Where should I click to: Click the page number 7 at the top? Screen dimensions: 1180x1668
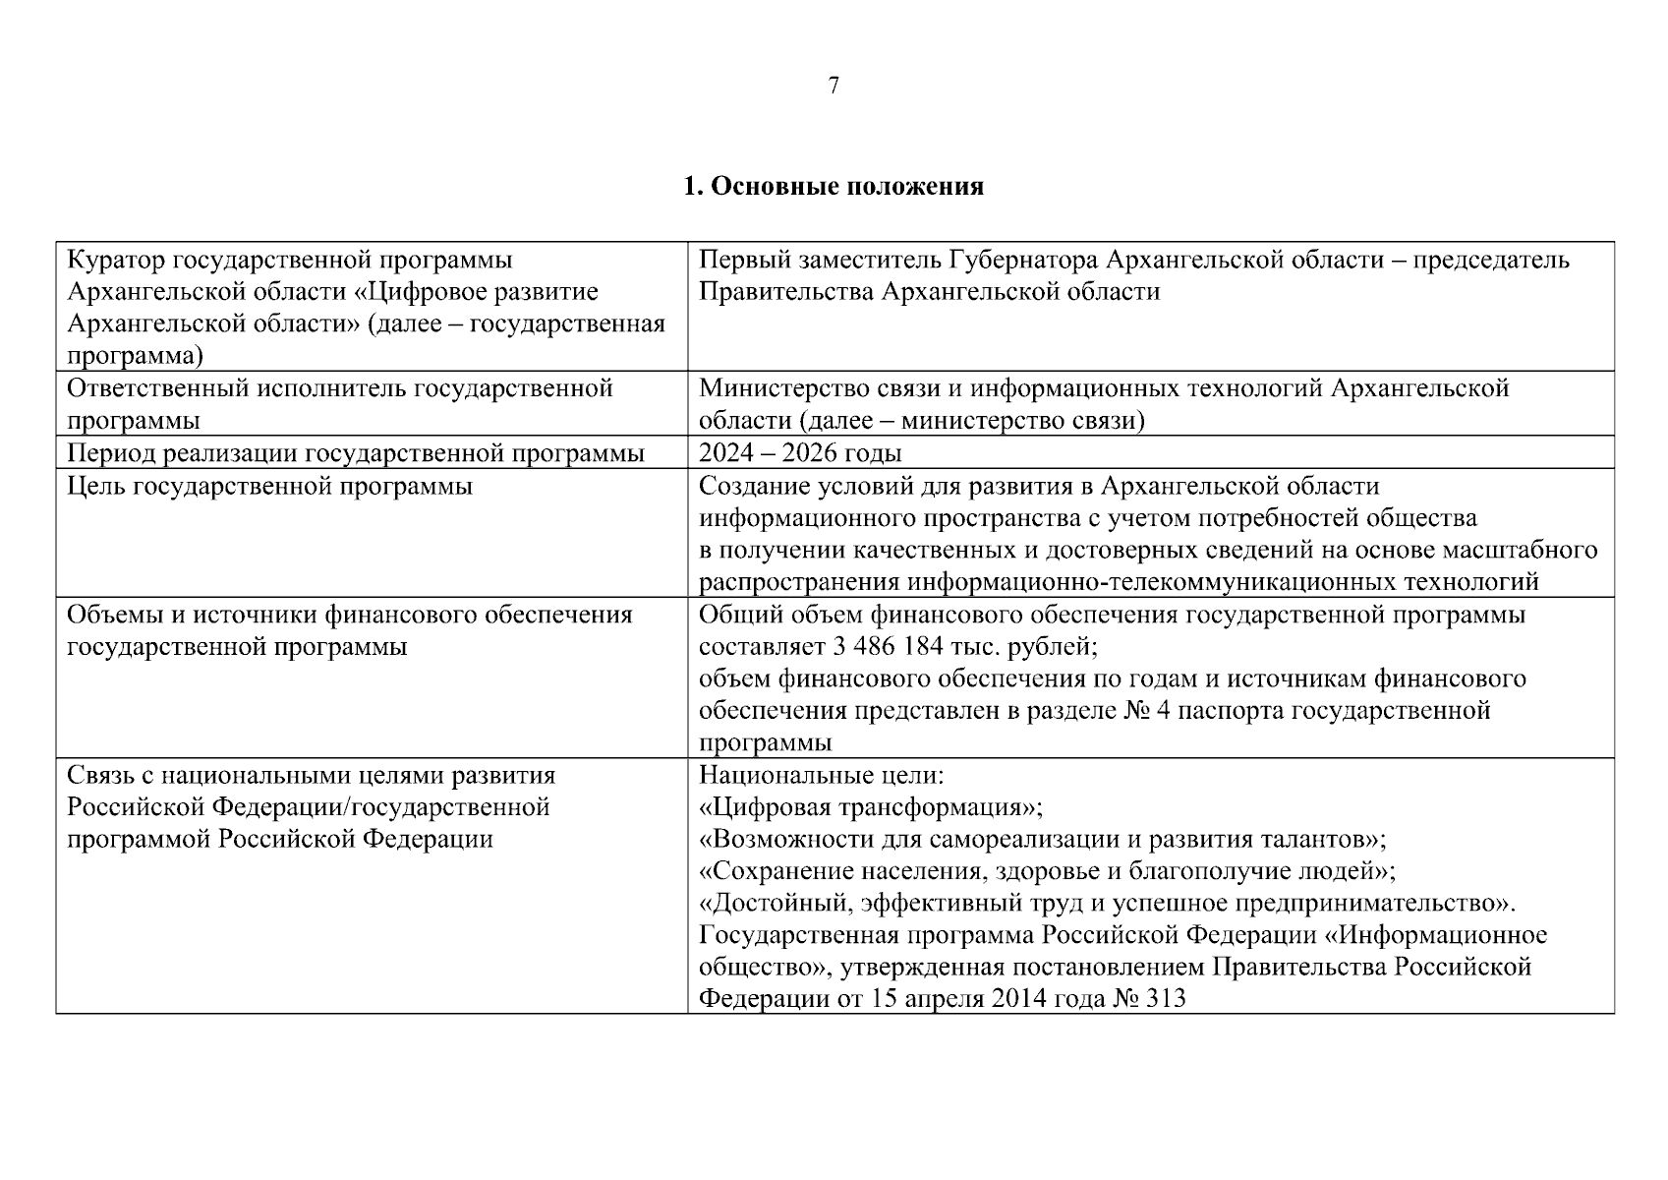point(834,87)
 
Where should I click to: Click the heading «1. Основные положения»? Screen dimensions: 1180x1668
point(834,186)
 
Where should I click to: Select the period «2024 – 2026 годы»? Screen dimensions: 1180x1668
point(800,453)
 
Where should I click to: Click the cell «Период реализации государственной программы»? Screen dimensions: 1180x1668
point(356,453)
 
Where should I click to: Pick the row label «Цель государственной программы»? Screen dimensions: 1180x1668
point(269,486)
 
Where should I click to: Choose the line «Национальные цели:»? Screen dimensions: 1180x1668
point(821,776)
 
